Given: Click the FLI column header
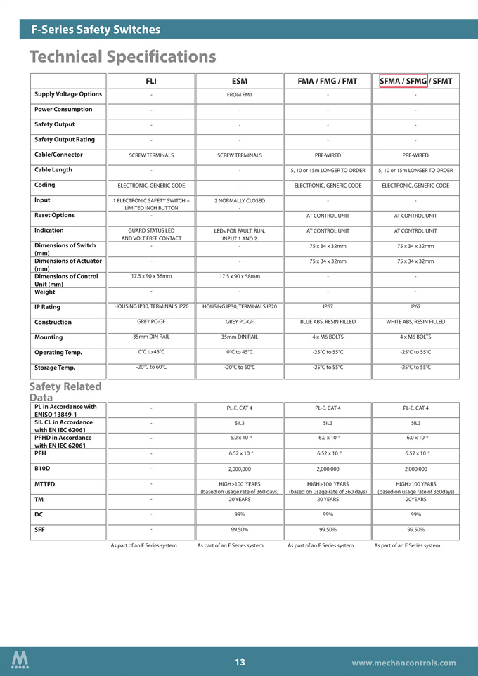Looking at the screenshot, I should tap(150, 82).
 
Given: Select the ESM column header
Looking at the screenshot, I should tap(239, 82).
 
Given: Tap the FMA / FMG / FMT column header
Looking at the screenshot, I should tap(327, 82).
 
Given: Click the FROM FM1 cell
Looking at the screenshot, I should tap(239, 95).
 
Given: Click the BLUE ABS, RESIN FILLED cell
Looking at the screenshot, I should tap(327, 322).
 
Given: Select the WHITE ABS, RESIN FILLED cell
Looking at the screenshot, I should tap(415, 322).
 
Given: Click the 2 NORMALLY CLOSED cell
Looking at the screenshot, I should tap(239, 201).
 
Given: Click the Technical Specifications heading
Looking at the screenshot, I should tap(122, 56).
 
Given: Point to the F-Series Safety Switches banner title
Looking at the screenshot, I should tap(96, 30).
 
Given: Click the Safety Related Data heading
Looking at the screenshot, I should tap(65, 392).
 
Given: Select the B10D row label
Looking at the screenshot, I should tap(42, 468).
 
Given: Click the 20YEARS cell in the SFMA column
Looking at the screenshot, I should tap(415, 500).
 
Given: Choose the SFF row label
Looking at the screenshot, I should tap(39, 529).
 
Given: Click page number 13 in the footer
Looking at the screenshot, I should tap(240, 662).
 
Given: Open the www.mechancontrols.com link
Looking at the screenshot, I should tap(403, 663).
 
